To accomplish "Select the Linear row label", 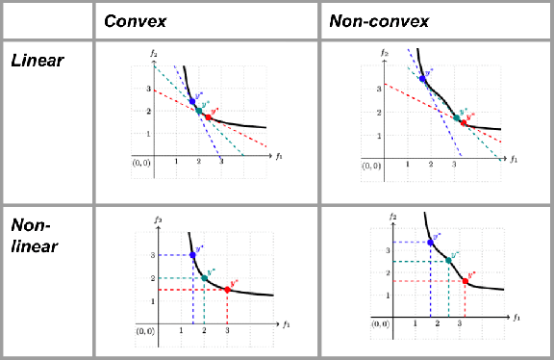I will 37,61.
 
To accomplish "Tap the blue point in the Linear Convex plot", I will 191,101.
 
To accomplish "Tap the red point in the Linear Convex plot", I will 208,117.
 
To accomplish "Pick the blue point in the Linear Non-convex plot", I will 422,79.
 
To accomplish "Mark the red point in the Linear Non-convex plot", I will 463,123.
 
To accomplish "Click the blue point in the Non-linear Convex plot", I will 193,255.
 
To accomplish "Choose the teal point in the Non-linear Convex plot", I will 204,277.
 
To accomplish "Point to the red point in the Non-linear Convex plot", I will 227,290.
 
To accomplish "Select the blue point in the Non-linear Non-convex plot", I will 430,243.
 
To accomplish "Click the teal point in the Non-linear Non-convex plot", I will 449,261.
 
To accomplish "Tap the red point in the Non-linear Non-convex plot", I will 466,281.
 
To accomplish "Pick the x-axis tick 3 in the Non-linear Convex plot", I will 227,330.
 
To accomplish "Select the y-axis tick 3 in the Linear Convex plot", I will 147,89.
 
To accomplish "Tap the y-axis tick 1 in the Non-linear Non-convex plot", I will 386,297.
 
